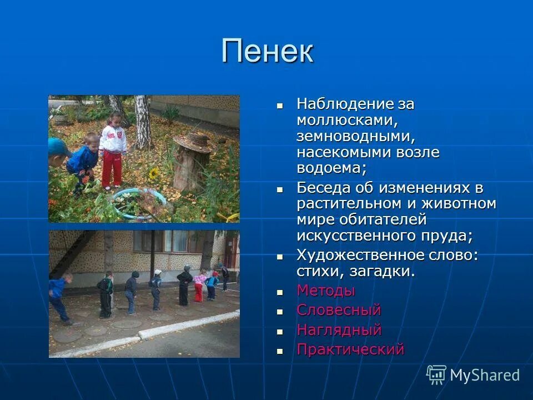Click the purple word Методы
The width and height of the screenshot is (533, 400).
326,291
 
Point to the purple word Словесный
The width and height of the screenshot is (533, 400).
339,310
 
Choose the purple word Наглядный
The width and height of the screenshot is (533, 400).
339,329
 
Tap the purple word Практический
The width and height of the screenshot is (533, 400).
350,349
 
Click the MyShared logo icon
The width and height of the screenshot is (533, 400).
436,375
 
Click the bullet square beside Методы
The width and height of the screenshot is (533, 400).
280,291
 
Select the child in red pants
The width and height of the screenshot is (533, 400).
113,150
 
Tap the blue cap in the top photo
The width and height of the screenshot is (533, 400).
58,147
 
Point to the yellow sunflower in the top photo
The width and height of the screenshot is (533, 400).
153,174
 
